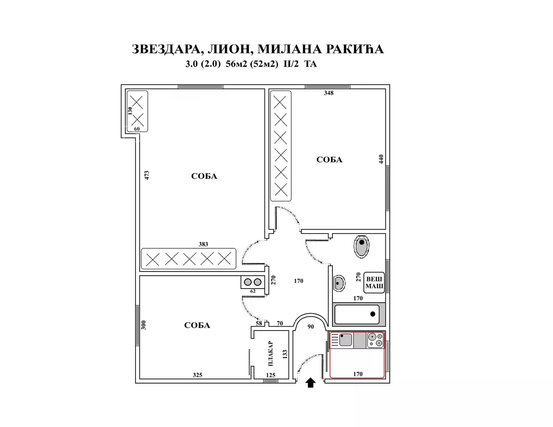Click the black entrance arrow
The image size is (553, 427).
311,383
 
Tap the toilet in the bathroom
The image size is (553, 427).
361,246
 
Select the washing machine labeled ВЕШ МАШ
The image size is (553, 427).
374,282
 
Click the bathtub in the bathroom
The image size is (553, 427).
357,314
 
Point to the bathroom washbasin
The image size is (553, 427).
339,283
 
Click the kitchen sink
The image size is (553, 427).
345,340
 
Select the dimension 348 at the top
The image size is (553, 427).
328,93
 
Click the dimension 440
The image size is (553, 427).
381,159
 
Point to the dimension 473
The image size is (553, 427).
147,175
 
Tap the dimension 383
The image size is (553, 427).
203,244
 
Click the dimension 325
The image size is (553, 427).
197,375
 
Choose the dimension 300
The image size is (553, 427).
144,325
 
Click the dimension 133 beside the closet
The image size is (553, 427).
285,354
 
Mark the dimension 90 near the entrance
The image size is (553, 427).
311,327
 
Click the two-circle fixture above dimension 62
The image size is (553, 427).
253,282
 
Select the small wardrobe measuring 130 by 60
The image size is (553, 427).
137,111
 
